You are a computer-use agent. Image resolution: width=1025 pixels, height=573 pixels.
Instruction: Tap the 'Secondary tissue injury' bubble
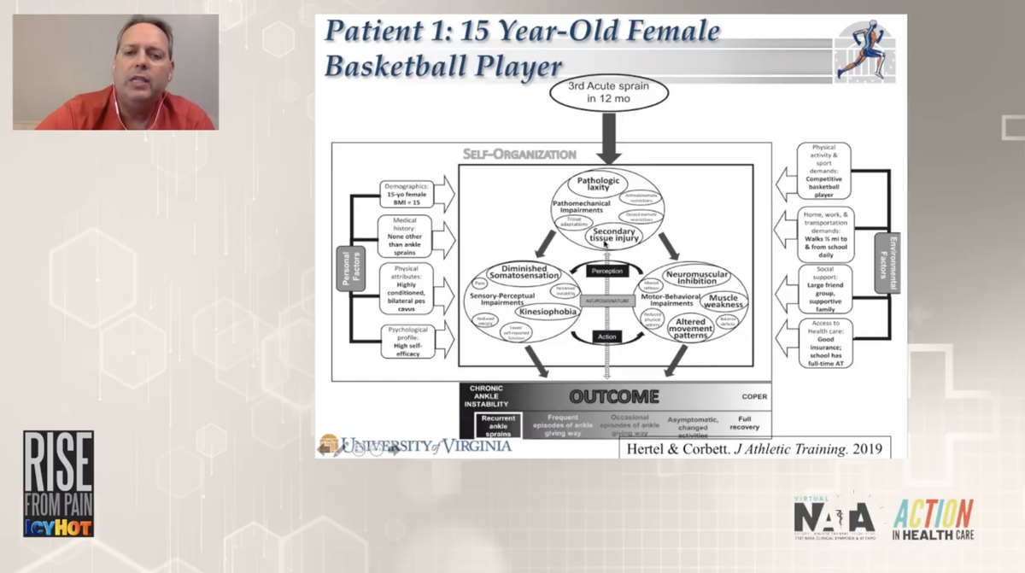pyautogui.click(x=613, y=234)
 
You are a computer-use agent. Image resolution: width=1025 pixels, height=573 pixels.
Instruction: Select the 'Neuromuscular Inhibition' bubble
pyautogui.click(x=696, y=276)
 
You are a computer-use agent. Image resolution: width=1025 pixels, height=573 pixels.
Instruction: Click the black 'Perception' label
pyautogui.click(x=607, y=271)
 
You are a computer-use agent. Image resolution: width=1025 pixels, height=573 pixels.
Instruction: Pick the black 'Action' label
pyautogui.click(x=607, y=336)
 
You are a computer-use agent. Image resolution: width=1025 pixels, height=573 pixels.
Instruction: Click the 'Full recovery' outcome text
pyautogui.click(x=743, y=422)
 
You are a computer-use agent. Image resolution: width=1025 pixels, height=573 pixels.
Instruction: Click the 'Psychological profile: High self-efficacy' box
pyautogui.click(x=407, y=342)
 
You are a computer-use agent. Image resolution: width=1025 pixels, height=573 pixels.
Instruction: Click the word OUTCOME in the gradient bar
pyautogui.click(x=614, y=397)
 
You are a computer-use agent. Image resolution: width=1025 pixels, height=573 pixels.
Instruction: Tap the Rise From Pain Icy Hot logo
pyautogui.click(x=58, y=483)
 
